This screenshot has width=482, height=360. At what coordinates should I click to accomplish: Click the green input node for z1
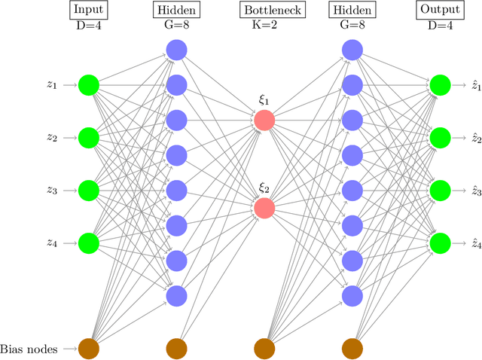click(x=89, y=85)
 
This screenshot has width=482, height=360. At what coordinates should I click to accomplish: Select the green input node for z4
click(x=89, y=243)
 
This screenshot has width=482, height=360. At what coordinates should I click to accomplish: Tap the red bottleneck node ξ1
click(x=264, y=121)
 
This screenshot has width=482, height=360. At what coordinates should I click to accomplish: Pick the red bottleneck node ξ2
click(x=264, y=208)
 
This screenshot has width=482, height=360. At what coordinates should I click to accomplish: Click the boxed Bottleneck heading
click(x=264, y=11)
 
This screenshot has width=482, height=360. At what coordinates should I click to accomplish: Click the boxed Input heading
click(x=89, y=11)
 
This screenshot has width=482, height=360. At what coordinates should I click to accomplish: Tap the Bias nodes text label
click(x=29, y=348)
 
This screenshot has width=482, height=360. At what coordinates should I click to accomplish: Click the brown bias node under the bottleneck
click(x=264, y=348)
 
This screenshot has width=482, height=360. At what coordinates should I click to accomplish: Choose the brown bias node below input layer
click(x=89, y=348)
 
